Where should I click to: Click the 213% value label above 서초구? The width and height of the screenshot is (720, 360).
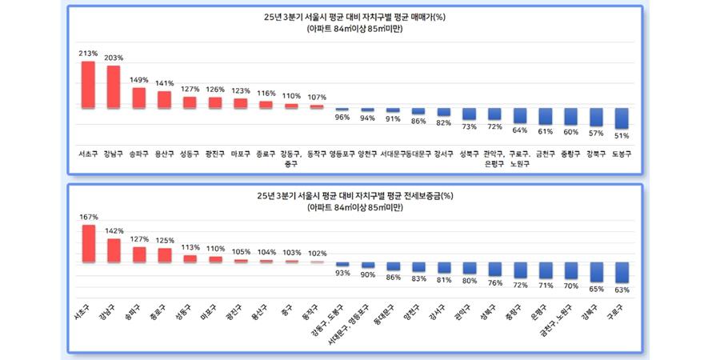click(88, 54)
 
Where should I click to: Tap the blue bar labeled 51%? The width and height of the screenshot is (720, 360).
click(622, 118)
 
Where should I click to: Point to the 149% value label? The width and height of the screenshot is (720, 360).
click(139, 79)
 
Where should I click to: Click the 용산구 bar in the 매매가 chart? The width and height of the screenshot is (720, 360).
click(164, 99)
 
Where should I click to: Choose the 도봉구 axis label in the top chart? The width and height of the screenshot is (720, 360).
click(622, 154)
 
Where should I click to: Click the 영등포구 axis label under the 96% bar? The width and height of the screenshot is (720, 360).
click(342, 154)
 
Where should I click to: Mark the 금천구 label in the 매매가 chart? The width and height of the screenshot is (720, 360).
click(545, 154)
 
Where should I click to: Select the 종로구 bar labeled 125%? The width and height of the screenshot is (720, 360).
click(164, 254)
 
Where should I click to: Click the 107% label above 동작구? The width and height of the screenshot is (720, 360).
click(317, 98)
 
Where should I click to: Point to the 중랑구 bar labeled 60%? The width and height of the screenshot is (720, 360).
click(570, 116)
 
